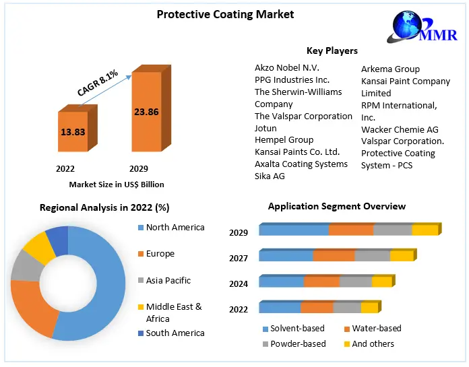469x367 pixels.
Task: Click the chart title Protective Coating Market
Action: tap(216, 14)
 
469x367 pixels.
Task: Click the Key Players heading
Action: tap(332, 51)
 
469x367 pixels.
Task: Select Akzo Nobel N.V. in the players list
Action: tap(286, 68)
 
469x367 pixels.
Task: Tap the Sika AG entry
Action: tap(270, 176)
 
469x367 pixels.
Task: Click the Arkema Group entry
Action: tap(390, 69)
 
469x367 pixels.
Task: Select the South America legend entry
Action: tap(175, 333)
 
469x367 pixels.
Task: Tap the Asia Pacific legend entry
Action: tap(168, 280)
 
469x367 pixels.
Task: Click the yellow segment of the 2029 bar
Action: tap(425, 230)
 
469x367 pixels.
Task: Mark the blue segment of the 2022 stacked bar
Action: tap(280, 308)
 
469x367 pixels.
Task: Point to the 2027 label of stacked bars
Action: tap(239, 258)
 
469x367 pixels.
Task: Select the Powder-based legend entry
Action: tap(297, 343)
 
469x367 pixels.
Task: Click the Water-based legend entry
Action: tap(376, 329)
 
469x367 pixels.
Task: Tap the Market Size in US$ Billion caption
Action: tap(117, 184)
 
